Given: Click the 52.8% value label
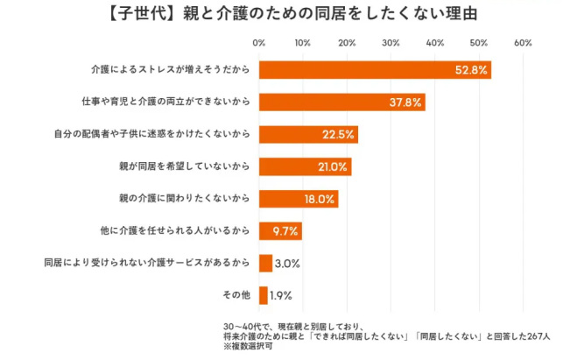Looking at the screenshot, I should [471, 70].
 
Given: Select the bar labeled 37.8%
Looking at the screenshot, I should [341, 102].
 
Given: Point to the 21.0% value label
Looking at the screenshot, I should [333, 167].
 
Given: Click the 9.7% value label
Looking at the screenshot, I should [286, 231].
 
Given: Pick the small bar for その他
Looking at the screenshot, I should [263, 295].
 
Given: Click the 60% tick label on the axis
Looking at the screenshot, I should [523, 42].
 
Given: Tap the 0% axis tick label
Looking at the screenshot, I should [259, 42].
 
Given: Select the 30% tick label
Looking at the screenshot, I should [391, 42].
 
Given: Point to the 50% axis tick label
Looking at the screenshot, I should [479, 42].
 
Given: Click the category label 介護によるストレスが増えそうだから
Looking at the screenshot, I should [170, 70].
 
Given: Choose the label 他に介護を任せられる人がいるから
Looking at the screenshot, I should [176, 231].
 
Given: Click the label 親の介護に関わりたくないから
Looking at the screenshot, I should [184, 199].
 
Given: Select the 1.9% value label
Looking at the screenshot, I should [281, 295].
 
